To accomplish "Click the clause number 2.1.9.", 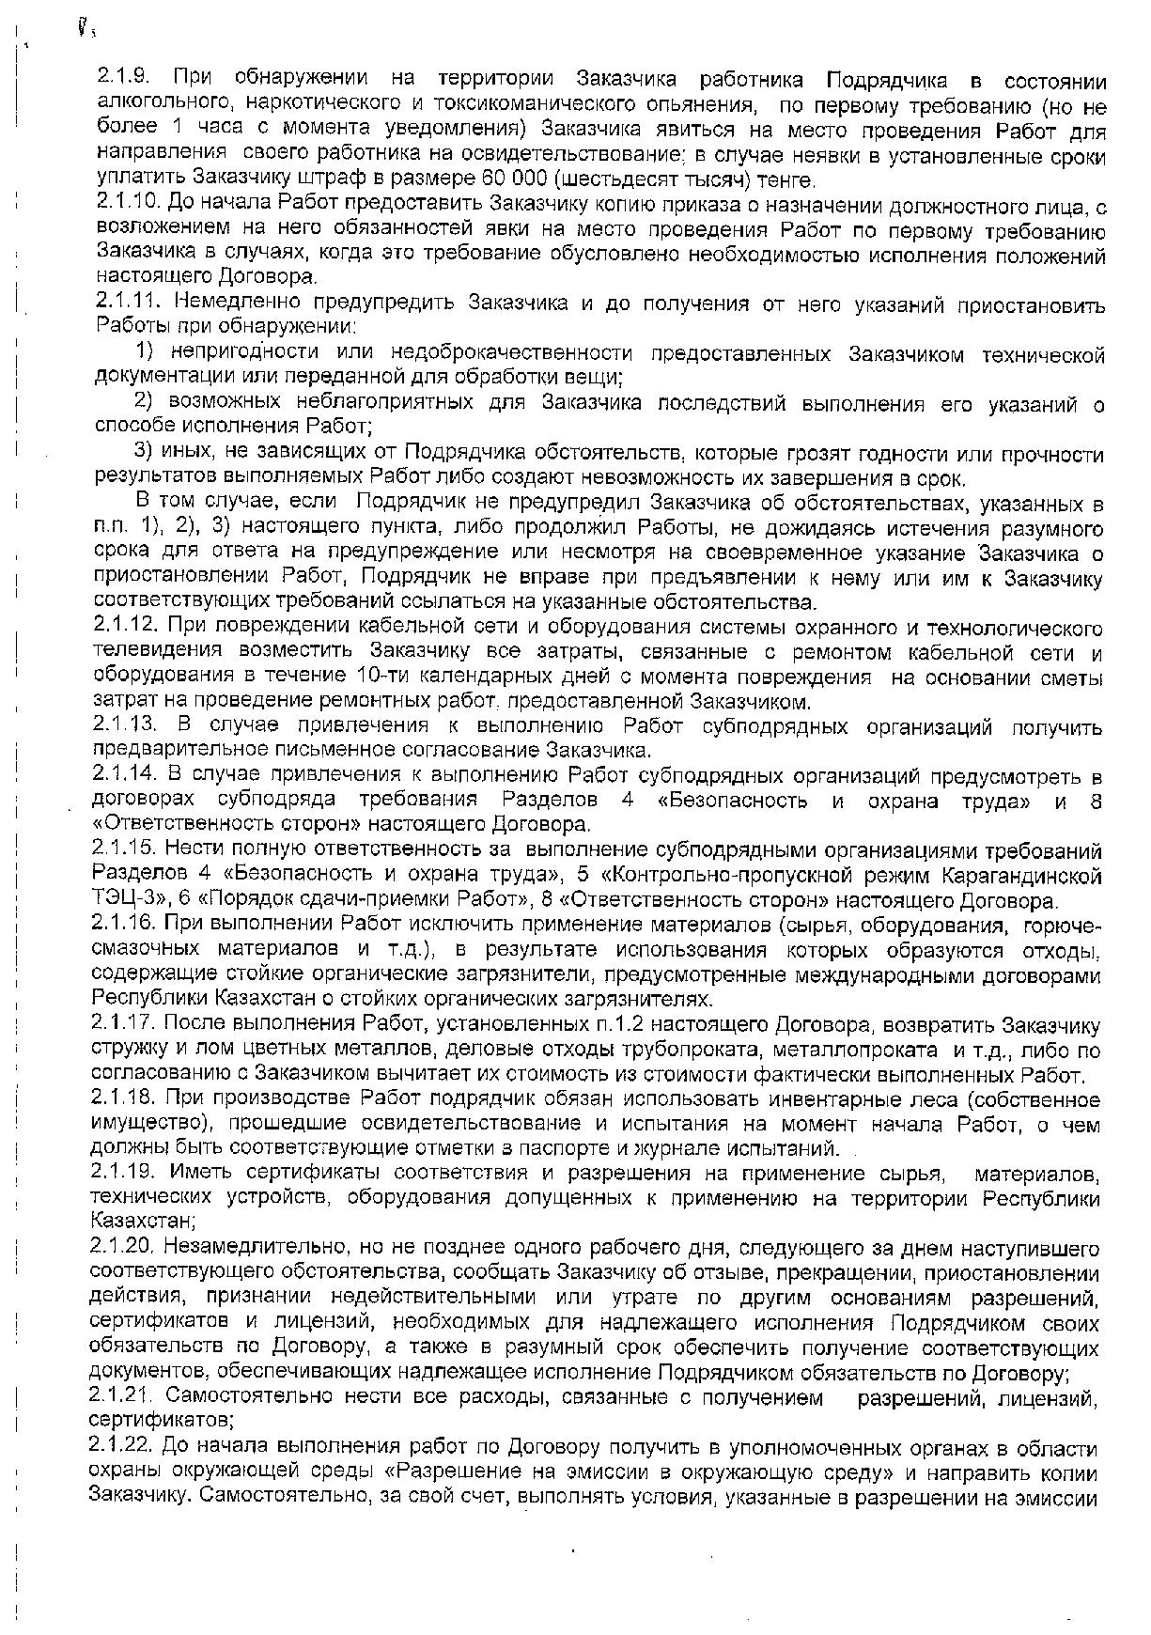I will [121, 81].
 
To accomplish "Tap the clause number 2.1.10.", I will [126, 203].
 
